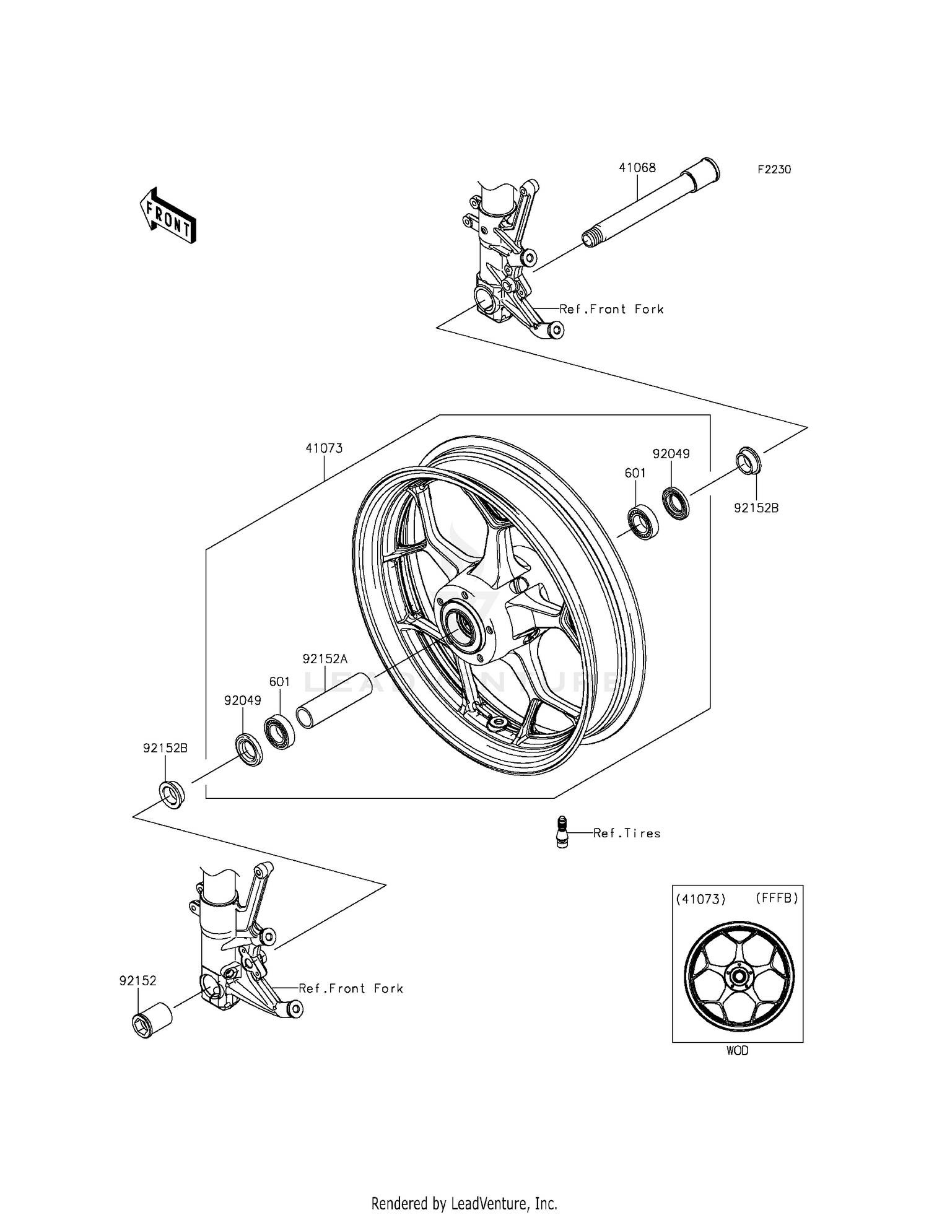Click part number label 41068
(637, 168)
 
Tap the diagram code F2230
(774, 170)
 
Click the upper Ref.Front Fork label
(611, 309)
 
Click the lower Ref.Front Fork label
(351, 989)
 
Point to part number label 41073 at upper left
(324, 448)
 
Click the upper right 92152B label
(756, 508)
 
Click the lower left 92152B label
(165, 748)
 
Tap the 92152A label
(325, 659)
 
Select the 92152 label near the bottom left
(138, 981)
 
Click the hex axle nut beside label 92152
(152, 1020)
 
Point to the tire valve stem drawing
(562, 831)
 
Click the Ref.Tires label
(627, 834)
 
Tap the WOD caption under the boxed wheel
(737, 1051)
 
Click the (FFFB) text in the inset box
(777, 898)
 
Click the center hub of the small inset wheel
(738, 977)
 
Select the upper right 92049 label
(671, 454)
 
